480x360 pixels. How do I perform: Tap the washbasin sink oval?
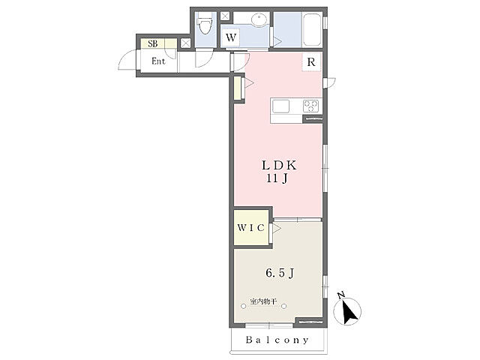(x=259, y=19)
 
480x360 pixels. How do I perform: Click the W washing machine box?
(x=231, y=37)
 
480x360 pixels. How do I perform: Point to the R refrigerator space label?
(x=311, y=62)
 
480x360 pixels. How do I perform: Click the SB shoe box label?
(x=153, y=43)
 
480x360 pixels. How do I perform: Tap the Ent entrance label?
(x=158, y=61)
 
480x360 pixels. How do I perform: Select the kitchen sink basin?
(x=280, y=106)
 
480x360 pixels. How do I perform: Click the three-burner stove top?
(x=310, y=106)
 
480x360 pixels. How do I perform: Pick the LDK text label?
(x=279, y=166)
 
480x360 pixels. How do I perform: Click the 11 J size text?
(x=277, y=178)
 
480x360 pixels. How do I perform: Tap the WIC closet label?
(x=250, y=228)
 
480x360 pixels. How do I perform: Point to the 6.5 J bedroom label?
(x=280, y=272)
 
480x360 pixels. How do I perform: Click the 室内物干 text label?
(x=263, y=301)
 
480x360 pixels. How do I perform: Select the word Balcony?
(x=277, y=340)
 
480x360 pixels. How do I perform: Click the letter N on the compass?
(x=341, y=295)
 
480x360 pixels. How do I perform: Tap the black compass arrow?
(x=348, y=312)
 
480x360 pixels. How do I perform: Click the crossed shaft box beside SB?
(x=185, y=43)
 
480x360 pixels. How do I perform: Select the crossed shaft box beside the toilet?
(x=225, y=16)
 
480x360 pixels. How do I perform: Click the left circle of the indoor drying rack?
(x=243, y=306)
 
